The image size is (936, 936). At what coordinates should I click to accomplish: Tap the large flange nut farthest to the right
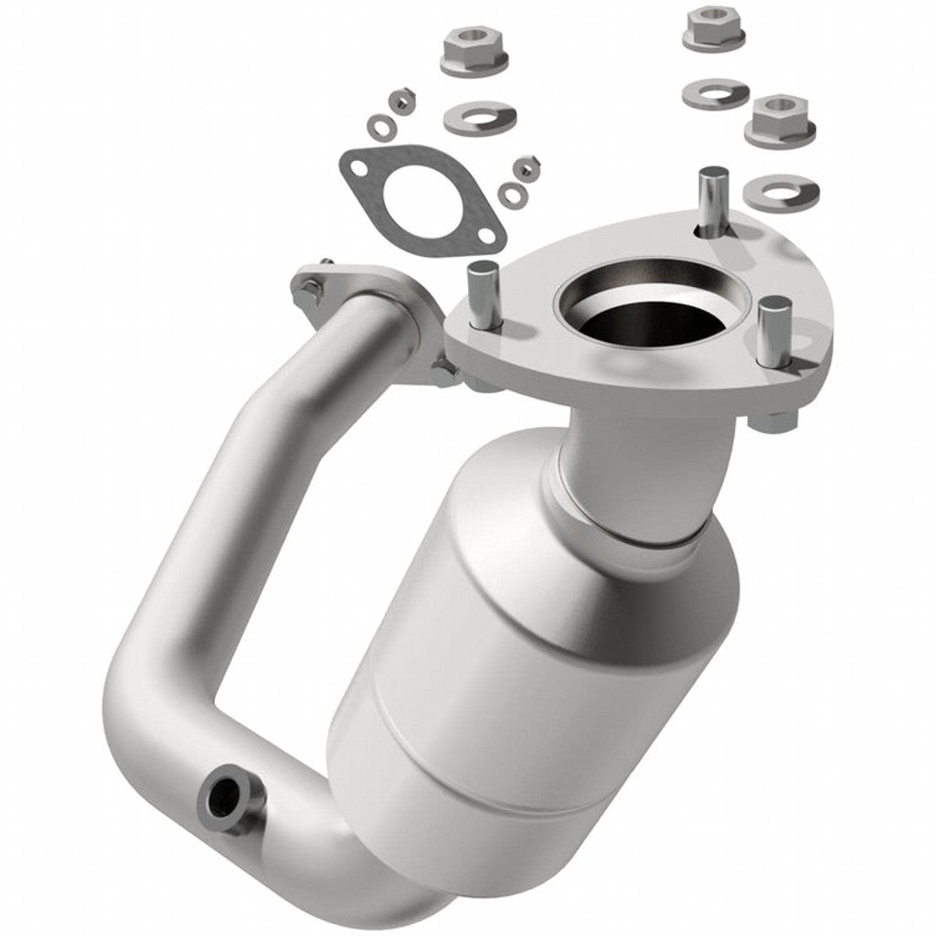[779, 119]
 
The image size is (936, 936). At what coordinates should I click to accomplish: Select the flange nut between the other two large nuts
[713, 27]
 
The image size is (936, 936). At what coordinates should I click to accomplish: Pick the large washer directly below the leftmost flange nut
[479, 116]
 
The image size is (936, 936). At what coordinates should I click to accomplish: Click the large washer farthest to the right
[780, 189]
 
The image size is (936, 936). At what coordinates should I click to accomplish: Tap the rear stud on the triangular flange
[711, 197]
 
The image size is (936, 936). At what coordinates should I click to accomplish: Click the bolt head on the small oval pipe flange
[310, 291]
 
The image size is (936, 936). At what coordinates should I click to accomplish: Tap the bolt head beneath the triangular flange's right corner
[773, 422]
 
